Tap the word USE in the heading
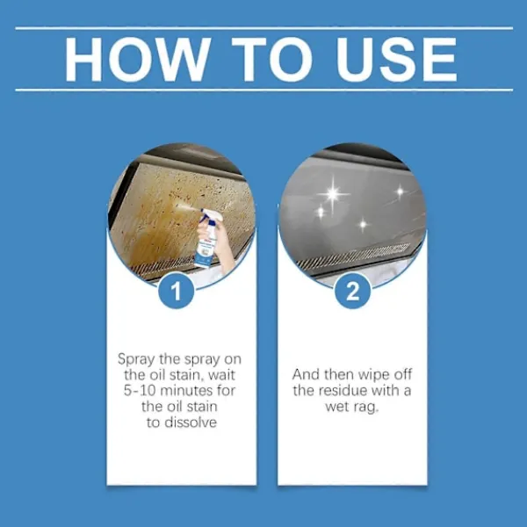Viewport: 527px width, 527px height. (x=397, y=59)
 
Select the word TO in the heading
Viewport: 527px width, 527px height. (x=272, y=59)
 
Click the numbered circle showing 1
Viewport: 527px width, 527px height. (x=177, y=291)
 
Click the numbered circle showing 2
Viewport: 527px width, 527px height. (x=352, y=291)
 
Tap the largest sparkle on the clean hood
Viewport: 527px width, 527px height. (x=333, y=193)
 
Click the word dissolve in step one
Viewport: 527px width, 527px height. (x=192, y=422)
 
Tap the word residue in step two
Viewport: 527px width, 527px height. (x=343, y=391)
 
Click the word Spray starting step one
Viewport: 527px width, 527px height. (x=136, y=359)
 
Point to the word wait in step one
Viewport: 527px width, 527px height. (x=221, y=375)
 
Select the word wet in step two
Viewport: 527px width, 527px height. (x=336, y=407)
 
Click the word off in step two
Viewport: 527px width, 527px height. (x=403, y=375)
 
